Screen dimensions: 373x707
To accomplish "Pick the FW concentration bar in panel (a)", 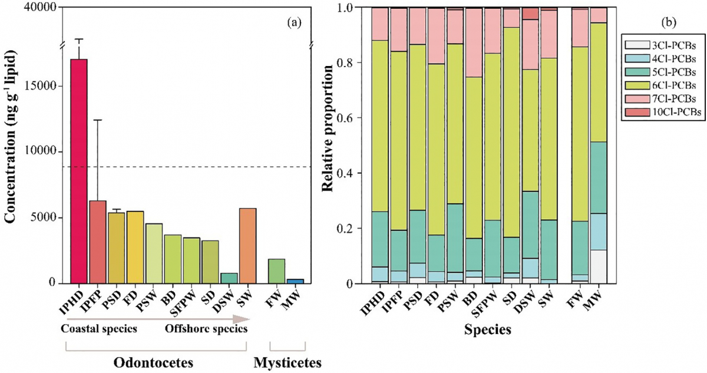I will tap(277, 271).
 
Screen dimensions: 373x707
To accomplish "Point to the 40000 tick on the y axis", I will tap(40, 8).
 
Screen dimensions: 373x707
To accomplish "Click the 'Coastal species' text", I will tap(99, 329).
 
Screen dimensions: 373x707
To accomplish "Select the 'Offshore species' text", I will tap(206, 329).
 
